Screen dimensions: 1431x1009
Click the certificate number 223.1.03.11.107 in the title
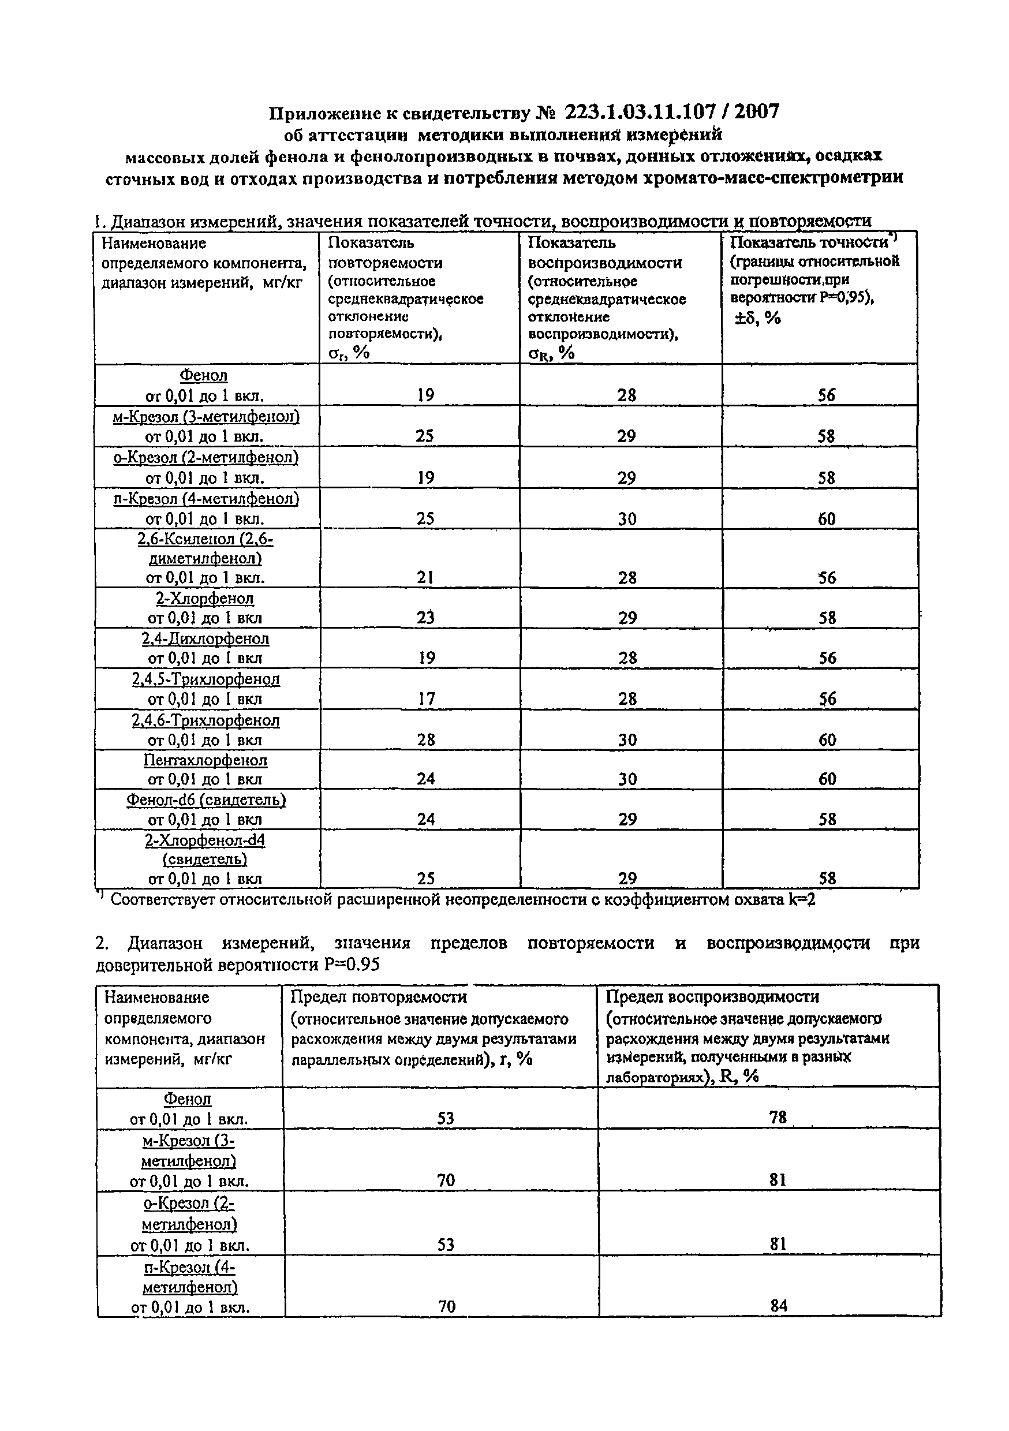coord(644,111)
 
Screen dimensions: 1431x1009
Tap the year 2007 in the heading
coord(757,111)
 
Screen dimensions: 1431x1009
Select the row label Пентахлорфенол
coord(205,760)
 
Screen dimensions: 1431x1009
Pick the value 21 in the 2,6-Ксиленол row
coord(425,577)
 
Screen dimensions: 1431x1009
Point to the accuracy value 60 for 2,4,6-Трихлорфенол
coord(827,740)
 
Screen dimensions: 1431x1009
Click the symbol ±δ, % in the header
coord(757,318)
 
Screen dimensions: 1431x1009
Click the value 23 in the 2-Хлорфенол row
coord(425,618)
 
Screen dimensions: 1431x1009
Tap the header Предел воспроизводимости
coord(712,996)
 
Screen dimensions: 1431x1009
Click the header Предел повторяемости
coord(378,996)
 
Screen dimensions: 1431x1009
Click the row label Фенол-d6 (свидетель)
coord(205,799)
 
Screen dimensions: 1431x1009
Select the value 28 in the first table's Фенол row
coord(627,395)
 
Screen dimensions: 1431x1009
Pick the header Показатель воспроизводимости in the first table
coord(604,252)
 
